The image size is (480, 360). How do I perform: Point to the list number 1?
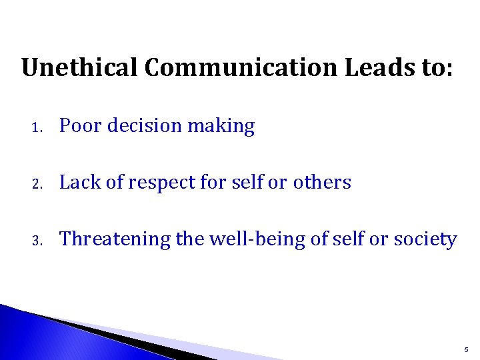click(40, 127)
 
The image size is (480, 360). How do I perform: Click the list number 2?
click(40, 183)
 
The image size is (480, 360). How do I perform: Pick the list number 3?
click(40, 240)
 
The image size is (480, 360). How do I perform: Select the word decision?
click(142, 126)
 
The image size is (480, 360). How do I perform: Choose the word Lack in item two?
click(78, 183)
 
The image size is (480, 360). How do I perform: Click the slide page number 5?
click(465, 349)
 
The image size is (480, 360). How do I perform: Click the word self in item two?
click(244, 183)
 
